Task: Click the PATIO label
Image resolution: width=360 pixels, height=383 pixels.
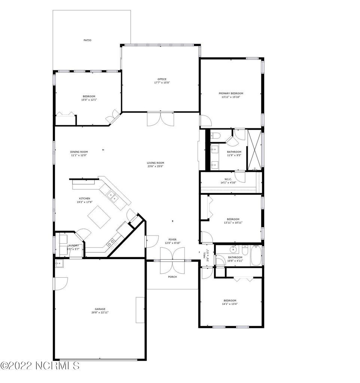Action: click(x=87, y=40)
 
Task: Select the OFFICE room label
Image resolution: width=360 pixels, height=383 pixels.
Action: click(x=162, y=79)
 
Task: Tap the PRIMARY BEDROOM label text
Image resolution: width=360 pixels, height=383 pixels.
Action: click(x=231, y=93)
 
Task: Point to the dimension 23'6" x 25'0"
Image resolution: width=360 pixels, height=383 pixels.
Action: click(x=155, y=166)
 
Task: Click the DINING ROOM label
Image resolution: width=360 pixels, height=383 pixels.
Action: click(x=79, y=152)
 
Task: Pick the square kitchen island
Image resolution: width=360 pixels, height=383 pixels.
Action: click(x=99, y=217)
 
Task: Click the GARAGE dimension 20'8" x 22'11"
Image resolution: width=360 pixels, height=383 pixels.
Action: click(x=100, y=312)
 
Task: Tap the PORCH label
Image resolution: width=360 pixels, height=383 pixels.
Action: click(x=172, y=277)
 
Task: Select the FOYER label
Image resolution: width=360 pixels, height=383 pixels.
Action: click(x=172, y=239)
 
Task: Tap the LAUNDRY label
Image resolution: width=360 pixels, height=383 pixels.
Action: click(x=73, y=246)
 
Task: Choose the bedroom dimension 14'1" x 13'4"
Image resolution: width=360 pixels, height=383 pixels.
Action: click(x=230, y=304)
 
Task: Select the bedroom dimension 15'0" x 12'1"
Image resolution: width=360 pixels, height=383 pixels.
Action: click(x=89, y=100)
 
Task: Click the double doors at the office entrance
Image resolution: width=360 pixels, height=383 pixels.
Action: click(x=161, y=119)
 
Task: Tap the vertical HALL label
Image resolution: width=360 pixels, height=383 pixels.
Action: click(x=204, y=255)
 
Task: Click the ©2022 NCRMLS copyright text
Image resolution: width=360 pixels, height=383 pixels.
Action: click(x=40, y=365)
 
